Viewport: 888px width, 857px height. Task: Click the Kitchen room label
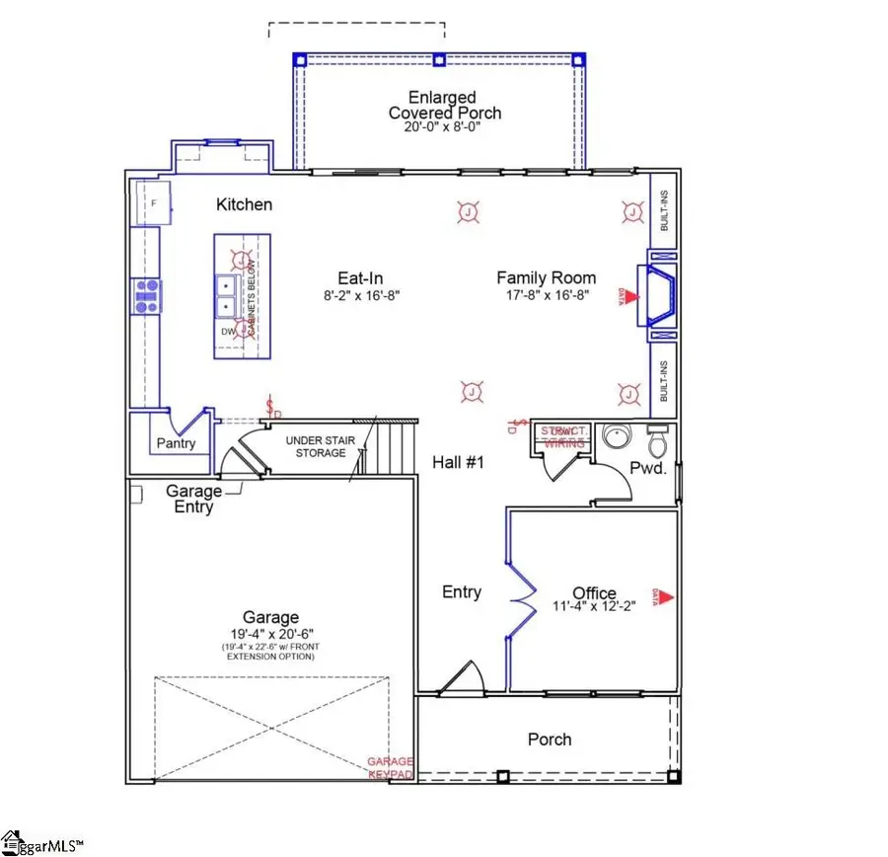(244, 204)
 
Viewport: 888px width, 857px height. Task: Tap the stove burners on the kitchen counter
(147, 294)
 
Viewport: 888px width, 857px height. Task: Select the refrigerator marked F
(154, 201)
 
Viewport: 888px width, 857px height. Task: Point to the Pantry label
(177, 443)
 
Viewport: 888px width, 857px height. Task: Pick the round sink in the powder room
(620, 436)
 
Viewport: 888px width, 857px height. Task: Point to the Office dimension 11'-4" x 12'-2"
(594, 606)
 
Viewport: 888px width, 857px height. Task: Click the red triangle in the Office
(667, 596)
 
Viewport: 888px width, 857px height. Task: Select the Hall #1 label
(459, 462)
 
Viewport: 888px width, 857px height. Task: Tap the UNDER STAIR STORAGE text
(316, 446)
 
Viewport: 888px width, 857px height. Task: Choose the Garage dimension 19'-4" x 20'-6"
(271, 633)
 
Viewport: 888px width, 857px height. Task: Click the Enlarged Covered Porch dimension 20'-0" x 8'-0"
(444, 127)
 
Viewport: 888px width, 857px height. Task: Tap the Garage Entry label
(193, 498)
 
